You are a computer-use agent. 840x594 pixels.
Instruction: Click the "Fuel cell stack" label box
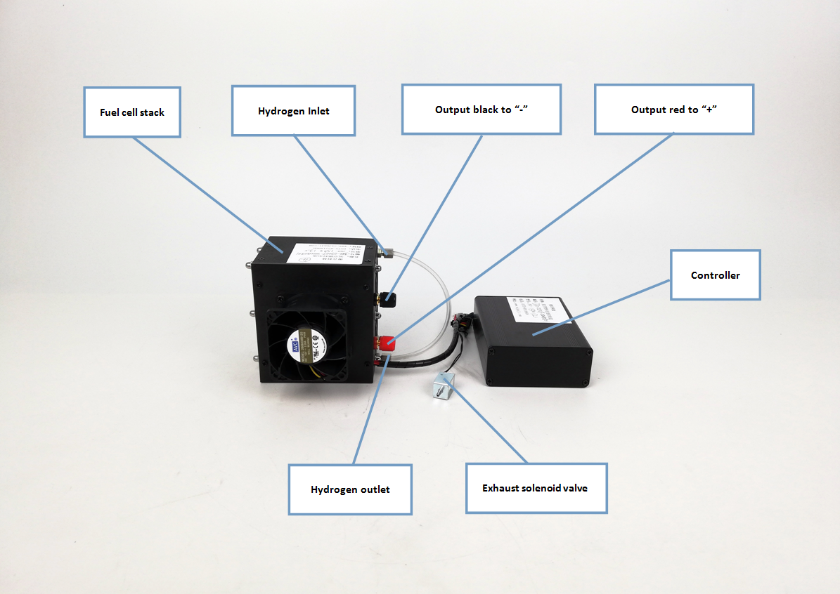coord(132,112)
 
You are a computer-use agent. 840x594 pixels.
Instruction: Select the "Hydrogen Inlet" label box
coord(293,111)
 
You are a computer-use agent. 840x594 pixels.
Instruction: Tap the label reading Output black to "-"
coord(481,110)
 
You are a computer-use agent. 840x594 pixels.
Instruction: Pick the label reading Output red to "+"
coord(673,110)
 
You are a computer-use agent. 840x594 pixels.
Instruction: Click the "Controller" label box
coord(715,275)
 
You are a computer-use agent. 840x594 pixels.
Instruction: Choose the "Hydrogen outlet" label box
coord(350,489)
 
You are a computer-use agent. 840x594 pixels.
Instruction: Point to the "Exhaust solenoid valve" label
coord(536,488)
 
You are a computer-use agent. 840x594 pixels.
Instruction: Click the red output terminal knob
coord(386,343)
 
